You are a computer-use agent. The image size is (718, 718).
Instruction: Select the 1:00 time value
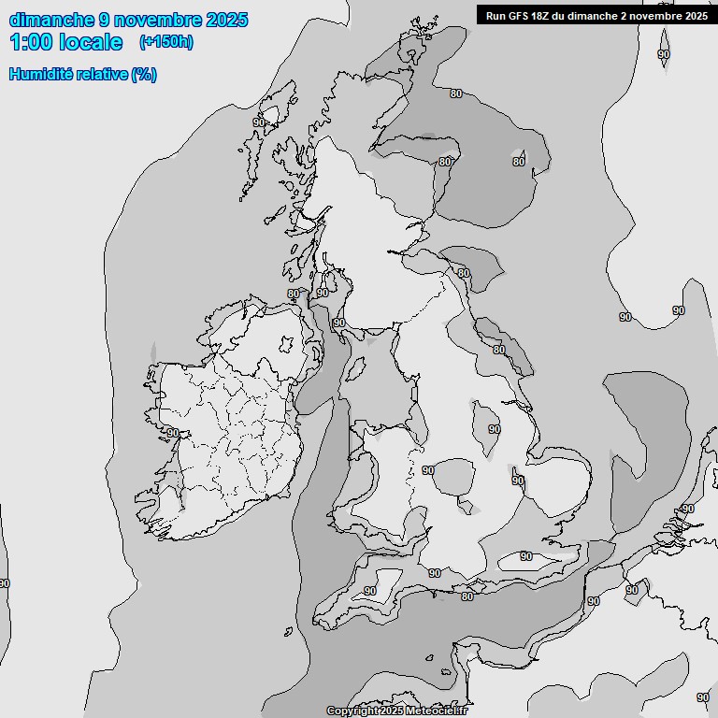tap(31, 42)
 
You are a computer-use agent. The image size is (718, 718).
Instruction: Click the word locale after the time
tap(91, 42)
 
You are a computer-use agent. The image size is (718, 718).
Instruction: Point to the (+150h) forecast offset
tap(165, 42)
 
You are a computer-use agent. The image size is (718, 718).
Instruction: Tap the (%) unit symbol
tap(144, 75)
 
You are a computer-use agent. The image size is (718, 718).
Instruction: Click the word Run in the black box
tap(496, 16)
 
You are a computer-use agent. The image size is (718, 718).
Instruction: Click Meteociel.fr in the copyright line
tap(437, 711)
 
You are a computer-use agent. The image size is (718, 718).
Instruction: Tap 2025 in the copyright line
tap(390, 711)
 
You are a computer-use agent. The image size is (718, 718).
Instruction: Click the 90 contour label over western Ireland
tap(173, 433)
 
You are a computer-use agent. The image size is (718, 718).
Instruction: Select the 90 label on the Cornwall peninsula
tap(370, 591)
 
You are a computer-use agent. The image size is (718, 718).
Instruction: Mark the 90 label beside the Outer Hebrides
tap(259, 122)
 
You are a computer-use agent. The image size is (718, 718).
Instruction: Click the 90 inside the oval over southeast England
tap(526, 556)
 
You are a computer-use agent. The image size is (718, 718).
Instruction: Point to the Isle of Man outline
tap(355, 372)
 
